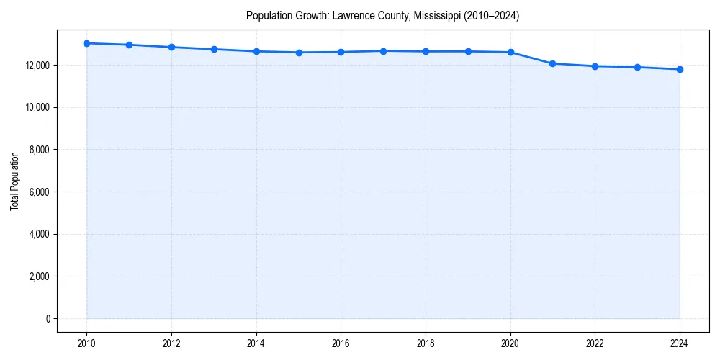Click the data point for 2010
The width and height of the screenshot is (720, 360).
click(x=86, y=43)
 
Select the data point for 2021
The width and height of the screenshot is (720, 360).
click(x=552, y=63)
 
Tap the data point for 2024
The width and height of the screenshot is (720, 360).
click(x=680, y=69)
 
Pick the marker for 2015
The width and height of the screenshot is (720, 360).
click(x=299, y=53)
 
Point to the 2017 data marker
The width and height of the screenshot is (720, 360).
click(x=383, y=51)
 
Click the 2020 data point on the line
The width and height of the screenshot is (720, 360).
click(x=510, y=52)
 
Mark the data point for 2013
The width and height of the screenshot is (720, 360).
click(x=214, y=49)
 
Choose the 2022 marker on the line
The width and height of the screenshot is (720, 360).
click(x=595, y=66)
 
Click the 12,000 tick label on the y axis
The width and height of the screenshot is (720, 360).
click(x=37, y=66)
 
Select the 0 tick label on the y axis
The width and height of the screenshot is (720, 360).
click(x=48, y=319)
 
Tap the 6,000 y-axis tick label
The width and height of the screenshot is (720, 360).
click(x=40, y=192)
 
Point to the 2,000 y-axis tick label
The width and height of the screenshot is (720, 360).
click(x=40, y=276)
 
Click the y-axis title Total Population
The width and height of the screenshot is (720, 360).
click(x=14, y=181)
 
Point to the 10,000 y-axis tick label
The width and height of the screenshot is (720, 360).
click(x=37, y=108)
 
